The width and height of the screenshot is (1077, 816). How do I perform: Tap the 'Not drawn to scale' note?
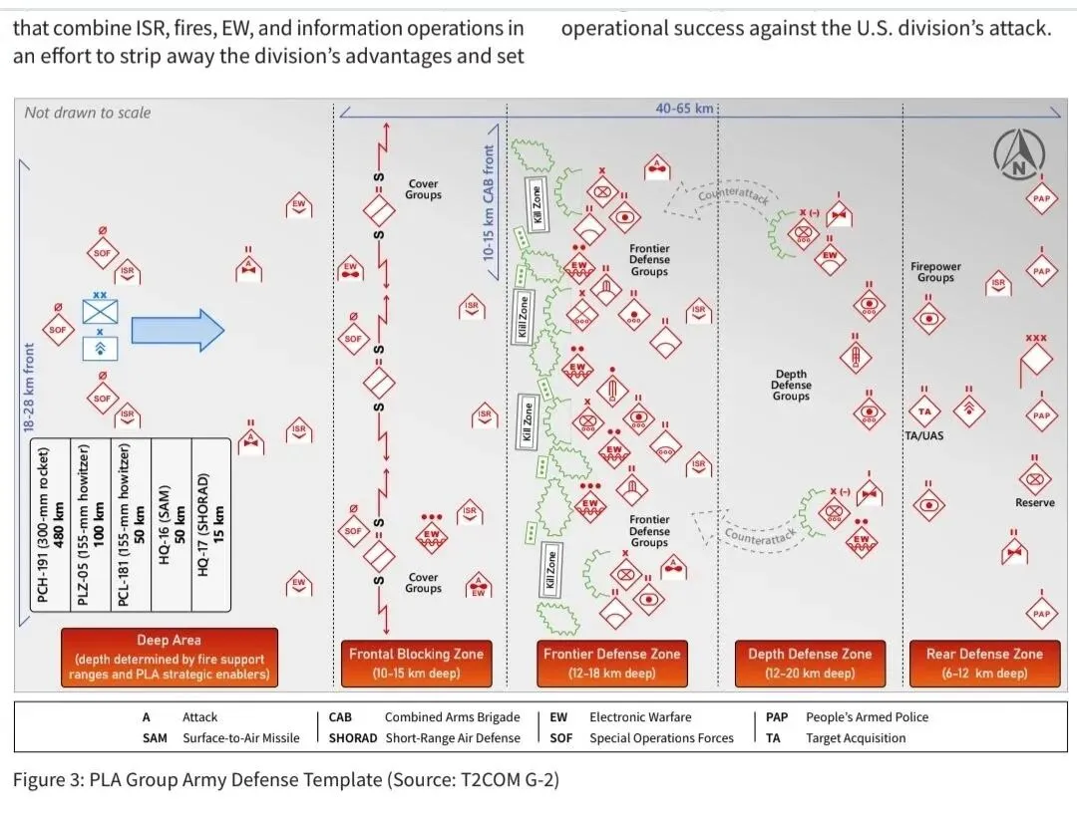click(88, 113)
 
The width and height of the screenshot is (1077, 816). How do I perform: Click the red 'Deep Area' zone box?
click(168, 658)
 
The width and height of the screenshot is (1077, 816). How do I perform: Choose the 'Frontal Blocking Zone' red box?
click(416, 663)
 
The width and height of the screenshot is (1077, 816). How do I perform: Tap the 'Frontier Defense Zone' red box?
click(611, 663)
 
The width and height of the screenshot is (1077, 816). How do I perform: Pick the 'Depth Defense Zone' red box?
click(810, 663)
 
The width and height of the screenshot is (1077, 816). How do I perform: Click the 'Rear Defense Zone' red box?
click(983, 663)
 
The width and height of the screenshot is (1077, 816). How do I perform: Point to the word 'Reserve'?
click(1034, 503)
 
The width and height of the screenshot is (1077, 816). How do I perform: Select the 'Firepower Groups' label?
click(935, 272)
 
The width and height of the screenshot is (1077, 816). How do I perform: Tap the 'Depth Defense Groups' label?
click(791, 386)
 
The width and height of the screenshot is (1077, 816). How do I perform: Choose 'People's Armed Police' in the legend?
click(867, 716)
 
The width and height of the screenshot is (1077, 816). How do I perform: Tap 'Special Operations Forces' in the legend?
click(661, 738)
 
